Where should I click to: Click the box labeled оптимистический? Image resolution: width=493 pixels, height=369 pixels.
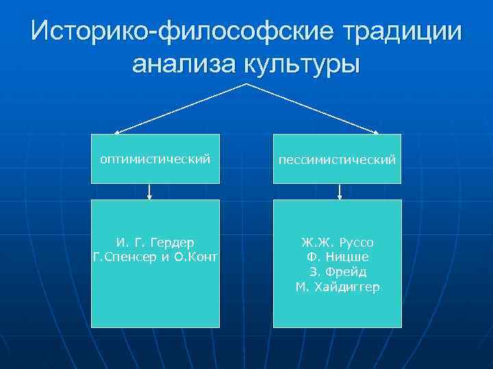[x=155, y=159]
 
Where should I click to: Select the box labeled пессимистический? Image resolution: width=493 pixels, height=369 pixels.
[x=337, y=159]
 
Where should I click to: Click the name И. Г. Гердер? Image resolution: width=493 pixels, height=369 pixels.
[x=155, y=243]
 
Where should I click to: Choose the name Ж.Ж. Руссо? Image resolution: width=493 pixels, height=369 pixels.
[x=337, y=243]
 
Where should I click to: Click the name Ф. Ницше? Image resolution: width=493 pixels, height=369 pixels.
[x=337, y=257]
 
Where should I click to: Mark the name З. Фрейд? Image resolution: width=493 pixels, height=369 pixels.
[x=337, y=272]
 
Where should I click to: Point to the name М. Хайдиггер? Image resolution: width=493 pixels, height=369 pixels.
[x=337, y=287]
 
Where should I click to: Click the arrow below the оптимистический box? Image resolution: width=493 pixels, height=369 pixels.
[x=149, y=192]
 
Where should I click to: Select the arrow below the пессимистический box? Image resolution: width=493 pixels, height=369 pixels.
[x=340, y=192]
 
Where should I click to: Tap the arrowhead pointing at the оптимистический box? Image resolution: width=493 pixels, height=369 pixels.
[x=116, y=132]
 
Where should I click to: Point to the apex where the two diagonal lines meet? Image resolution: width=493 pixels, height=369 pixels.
[x=246, y=84]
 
